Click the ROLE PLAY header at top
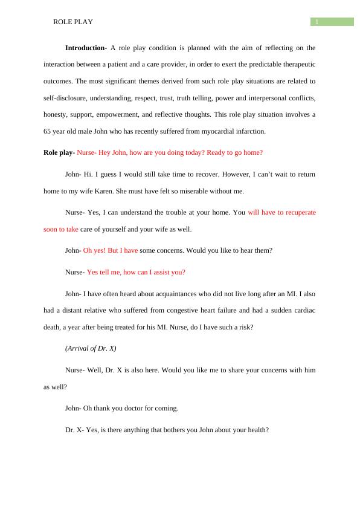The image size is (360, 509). click(73, 22)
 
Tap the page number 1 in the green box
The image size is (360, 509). click(317, 22)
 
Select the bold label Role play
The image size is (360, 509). click(58, 153)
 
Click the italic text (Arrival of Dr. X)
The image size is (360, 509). click(91, 348)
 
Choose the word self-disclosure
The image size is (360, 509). click(64, 97)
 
